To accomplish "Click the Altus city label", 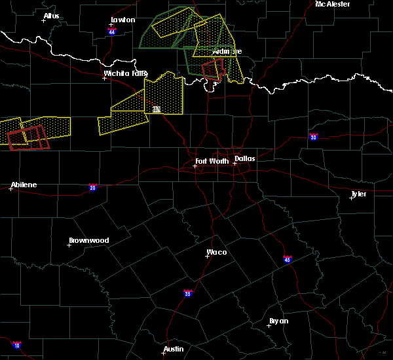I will (51, 16).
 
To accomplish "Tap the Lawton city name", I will (122, 20).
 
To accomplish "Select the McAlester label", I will (332, 4).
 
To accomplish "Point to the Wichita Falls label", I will (126, 73).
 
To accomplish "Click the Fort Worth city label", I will (212, 161).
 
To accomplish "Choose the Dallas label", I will (246, 158).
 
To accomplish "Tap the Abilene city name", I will (24, 185).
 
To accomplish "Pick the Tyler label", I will (359, 194).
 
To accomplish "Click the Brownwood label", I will (90, 240).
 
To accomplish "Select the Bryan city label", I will (279, 321).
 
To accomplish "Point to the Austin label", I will (174, 349).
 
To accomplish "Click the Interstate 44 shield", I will (112, 31).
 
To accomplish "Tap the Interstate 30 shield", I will (314, 137).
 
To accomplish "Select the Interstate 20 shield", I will (92, 187).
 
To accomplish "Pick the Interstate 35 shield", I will (188, 293).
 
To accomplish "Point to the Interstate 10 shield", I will (16, 345).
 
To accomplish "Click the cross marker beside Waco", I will (207, 256).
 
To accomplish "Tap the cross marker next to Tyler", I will (351, 198).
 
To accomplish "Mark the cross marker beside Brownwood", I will (69, 245).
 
